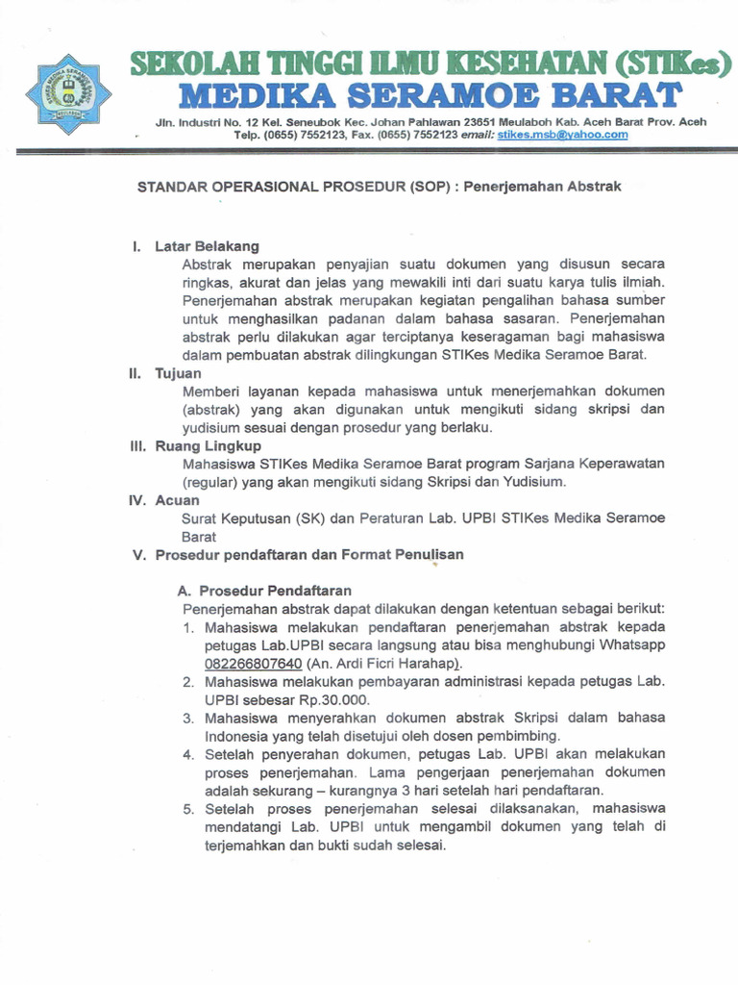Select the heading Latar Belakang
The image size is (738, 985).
coord(208,246)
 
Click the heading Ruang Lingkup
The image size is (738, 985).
coord(208,446)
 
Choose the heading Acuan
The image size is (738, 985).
coord(177,500)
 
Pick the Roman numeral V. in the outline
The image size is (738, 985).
coord(140,555)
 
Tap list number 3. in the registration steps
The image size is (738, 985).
coord(188,718)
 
